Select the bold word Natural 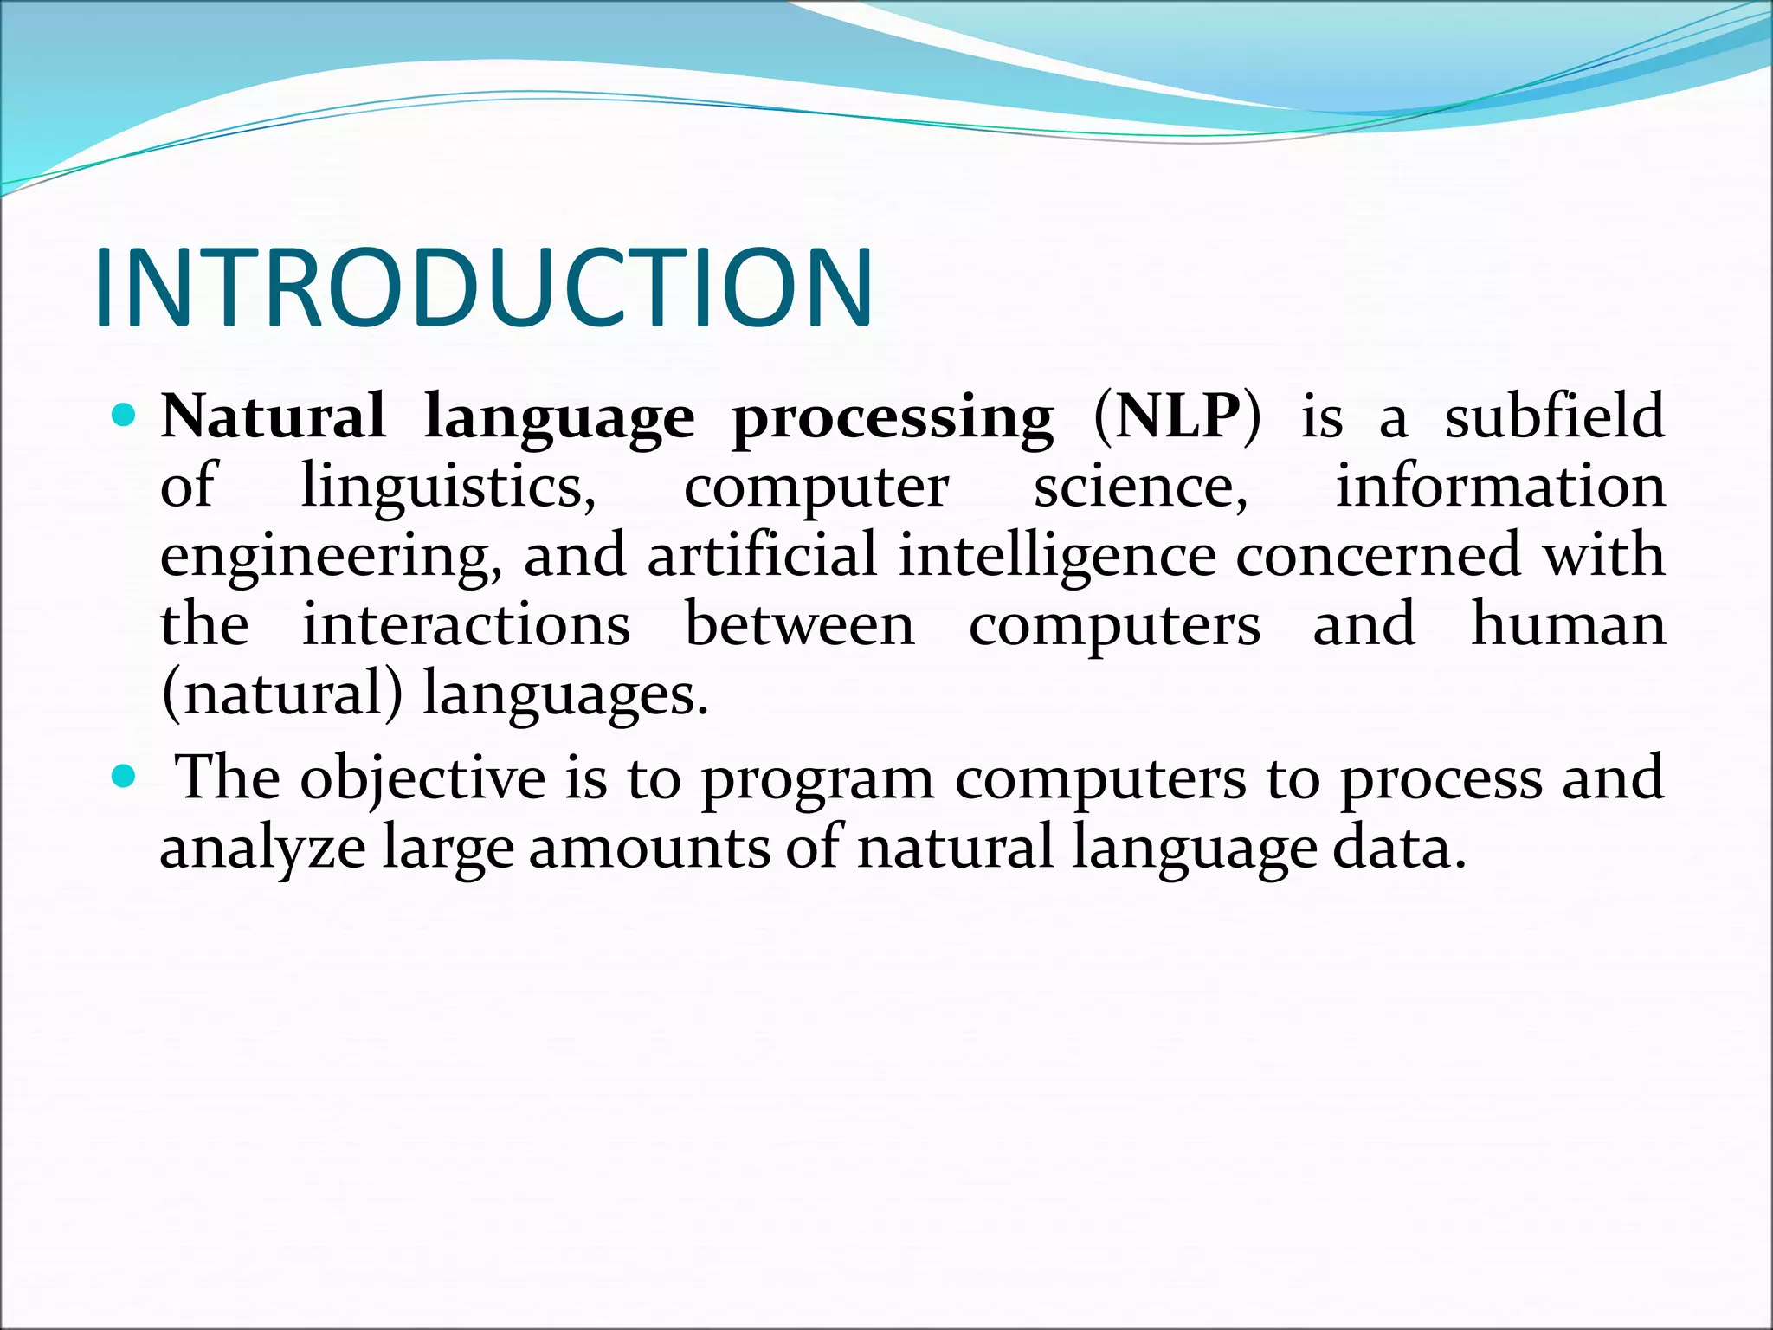coord(273,417)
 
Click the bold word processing coord(893,420)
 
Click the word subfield coord(1555,417)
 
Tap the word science coord(1141,487)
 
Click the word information coord(1500,487)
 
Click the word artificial coord(762,555)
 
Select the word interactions coord(466,625)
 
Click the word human coord(1568,625)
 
